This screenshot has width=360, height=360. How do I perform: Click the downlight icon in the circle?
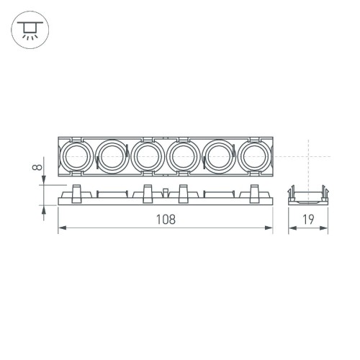coord(29,30)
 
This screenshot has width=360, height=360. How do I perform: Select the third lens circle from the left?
coord(147,156)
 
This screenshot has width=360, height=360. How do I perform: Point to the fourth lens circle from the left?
coord(183,156)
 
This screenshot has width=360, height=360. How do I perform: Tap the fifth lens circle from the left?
coord(219,156)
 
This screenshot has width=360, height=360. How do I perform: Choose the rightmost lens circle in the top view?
coord(255,156)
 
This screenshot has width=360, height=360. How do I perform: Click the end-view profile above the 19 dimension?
coord(308,194)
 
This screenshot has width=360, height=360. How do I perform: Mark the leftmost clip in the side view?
coord(76,193)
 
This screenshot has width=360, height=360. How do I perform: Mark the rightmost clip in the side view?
coord(254,193)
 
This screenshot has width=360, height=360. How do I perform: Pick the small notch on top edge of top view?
coord(165,137)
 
